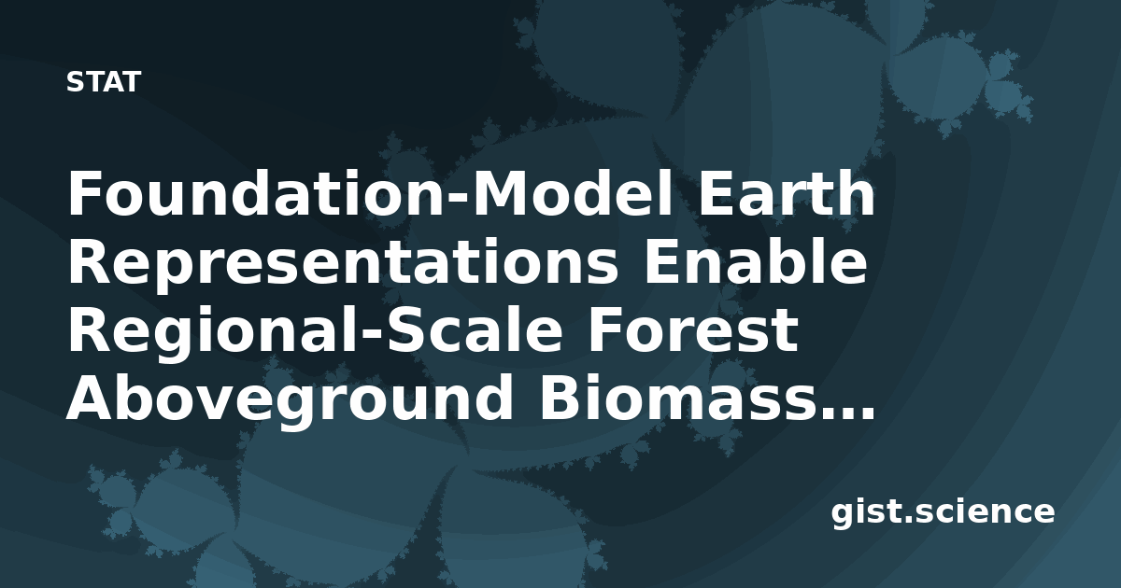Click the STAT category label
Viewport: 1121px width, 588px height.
click(x=104, y=82)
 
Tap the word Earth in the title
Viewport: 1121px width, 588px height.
click(x=787, y=193)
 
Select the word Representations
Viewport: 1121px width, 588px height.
click(x=344, y=263)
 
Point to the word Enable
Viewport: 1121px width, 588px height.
click(x=756, y=261)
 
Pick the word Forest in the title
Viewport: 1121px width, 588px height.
click(x=693, y=330)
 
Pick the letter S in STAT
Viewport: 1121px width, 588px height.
click(x=75, y=82)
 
